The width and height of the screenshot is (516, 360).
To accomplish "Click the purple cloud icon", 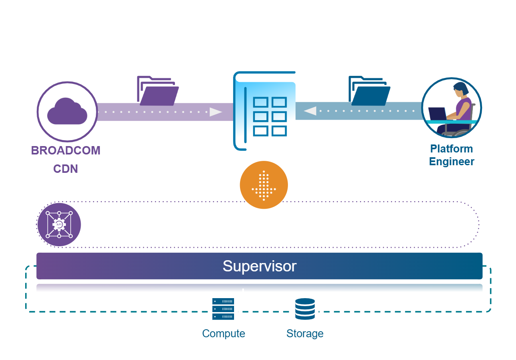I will [x=67, y=111].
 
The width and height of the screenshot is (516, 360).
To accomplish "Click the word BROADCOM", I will [x=66, y=151].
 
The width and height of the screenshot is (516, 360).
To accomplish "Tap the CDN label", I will [x=65, y=169].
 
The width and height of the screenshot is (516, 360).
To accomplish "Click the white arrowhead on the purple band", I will [x=216, y=112].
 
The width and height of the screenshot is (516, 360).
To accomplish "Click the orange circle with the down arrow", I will [x=264, y=185].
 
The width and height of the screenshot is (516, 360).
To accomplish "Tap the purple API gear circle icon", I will [x=59, y=225].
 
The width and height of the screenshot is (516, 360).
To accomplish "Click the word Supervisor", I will [x=259, y=266].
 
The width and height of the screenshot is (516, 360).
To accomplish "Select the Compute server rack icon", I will [x=223, y=309].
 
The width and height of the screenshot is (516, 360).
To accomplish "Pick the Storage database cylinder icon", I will [x=305, y=309].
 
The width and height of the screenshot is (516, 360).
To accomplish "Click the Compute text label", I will [x=223, y=334].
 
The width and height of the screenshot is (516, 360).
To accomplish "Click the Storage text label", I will [x=305, y=334].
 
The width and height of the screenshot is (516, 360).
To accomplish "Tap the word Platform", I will [x=451, y=149].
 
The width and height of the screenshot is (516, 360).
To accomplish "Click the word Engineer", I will [x=451, y=162].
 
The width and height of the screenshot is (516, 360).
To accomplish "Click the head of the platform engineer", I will [x=460, y=88].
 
